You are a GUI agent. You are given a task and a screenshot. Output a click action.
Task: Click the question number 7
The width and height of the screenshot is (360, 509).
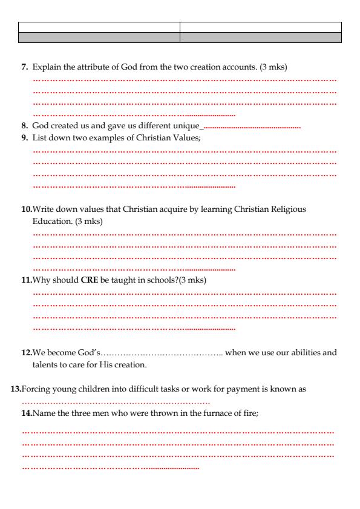25,65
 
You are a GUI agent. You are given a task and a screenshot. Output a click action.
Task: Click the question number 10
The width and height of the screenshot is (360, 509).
27,209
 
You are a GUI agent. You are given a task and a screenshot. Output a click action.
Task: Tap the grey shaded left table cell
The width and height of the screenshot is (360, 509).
99,38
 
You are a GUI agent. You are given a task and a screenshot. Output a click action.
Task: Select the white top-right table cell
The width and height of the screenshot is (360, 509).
261,27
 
